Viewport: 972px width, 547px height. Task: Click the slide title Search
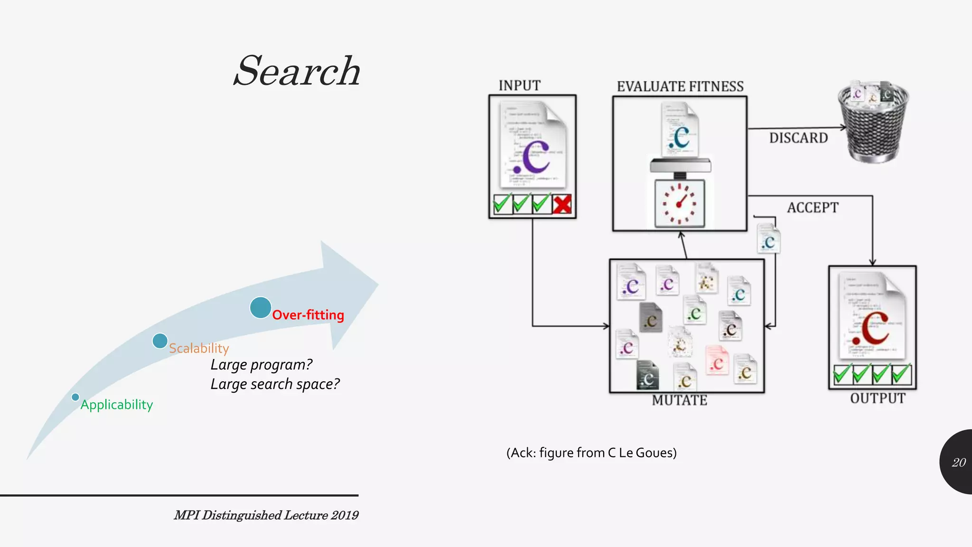click(297, 71)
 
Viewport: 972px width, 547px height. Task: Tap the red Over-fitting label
click(308, 315)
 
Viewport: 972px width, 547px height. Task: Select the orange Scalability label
click(199, 348)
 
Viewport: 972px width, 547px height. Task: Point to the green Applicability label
click(117, 405)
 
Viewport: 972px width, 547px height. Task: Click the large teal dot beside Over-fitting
click(261, 307)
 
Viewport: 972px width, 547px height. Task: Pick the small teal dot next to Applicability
click(75, 397)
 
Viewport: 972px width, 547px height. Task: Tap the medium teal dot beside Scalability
click(160, 340)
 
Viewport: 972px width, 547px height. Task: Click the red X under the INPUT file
click(562, 204)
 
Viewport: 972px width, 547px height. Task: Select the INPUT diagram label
click(520, 85)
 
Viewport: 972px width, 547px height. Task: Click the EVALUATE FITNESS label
click(680, 86)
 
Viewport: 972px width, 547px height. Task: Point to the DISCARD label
click(798, 138)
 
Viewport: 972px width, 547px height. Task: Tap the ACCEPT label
click(813, 207)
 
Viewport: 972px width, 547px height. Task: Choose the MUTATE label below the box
click(680, 400)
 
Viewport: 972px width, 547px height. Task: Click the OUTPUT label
click(878, 398)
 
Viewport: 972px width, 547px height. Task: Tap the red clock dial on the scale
click(680, 204)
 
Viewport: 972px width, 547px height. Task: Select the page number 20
click(959, 462)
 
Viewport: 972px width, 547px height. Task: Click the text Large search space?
click(275, 384)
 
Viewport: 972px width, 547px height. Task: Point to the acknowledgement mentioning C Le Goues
click(591, 453)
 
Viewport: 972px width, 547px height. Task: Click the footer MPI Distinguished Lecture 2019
click(266, 515)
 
